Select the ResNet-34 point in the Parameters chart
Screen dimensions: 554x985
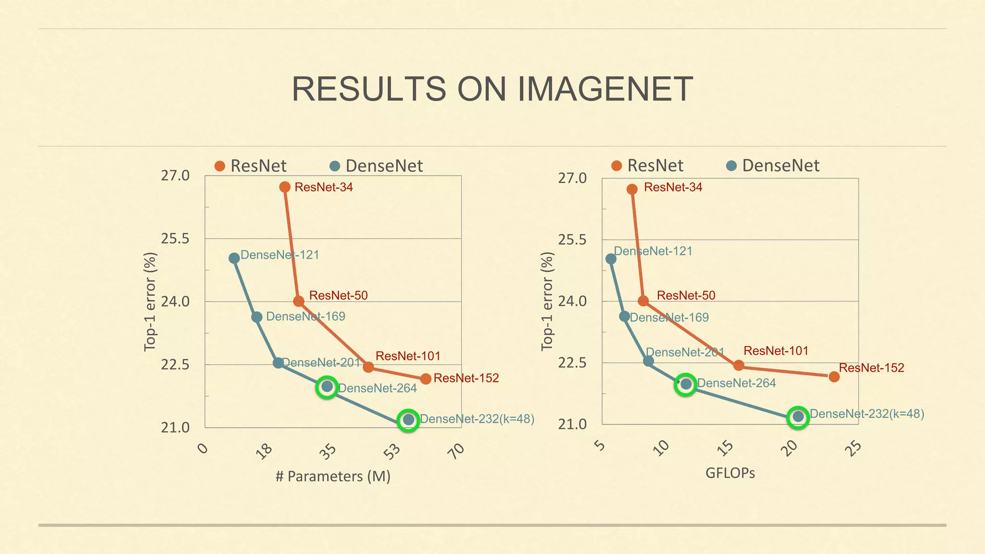click(285, 187)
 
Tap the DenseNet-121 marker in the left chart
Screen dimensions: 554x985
click(234, 258)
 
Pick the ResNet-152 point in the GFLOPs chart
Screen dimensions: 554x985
click(834, 377)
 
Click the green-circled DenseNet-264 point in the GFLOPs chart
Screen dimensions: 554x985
click(686, 384)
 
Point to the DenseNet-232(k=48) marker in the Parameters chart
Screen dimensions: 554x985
click(408, 420)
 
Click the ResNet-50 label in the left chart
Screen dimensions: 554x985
click(338, 295)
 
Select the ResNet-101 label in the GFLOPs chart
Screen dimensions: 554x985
click(776, 351)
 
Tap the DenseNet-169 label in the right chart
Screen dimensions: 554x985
click(669, 317)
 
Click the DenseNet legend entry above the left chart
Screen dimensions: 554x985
click(377, 166)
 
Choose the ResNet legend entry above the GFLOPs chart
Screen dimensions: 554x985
click(647, 165)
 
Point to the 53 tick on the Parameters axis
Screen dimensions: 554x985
click(393, 451)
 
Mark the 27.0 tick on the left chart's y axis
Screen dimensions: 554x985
click(175, 176)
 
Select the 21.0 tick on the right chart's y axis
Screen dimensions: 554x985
click(572, 425)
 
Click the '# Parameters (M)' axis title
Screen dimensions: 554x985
click(333, 477)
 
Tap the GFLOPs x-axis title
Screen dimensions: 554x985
click(730, 473)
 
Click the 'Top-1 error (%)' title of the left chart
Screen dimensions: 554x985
click(150, 302)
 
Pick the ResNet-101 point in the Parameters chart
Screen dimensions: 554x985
click(368, 367)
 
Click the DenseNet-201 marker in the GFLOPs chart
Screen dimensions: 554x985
click(648, 361)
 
